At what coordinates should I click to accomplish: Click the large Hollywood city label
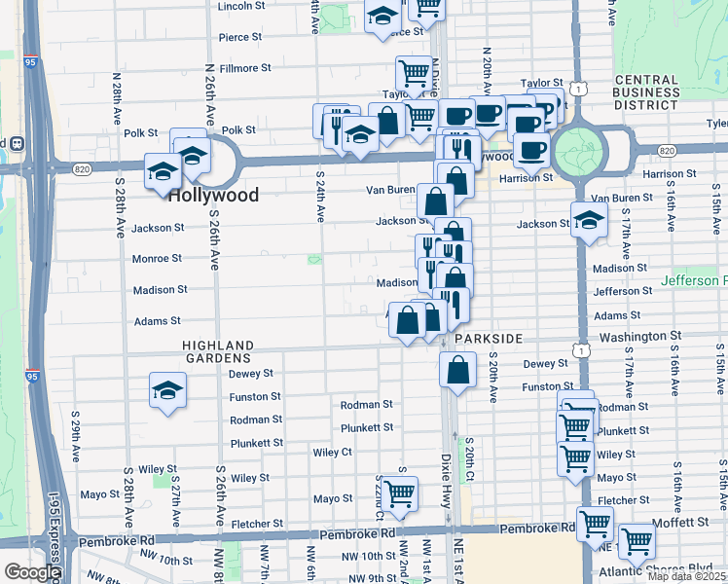213,195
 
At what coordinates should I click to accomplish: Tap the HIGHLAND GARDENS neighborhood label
219,351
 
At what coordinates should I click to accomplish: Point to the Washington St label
638,336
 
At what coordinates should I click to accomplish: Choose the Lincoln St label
241,6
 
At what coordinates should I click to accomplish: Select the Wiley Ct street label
332,453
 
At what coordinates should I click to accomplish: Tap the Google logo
31,571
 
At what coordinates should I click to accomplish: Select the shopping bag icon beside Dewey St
457,370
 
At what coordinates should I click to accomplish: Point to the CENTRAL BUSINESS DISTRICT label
633,92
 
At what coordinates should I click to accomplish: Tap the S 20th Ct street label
468,457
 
